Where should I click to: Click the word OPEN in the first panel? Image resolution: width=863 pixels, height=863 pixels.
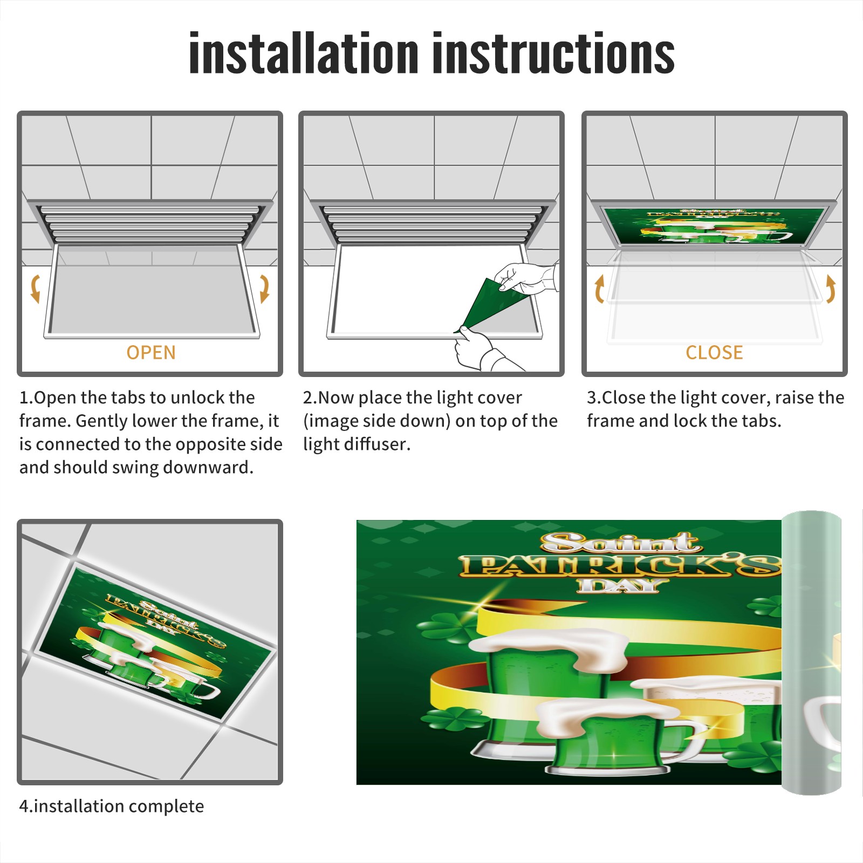pos(151,353)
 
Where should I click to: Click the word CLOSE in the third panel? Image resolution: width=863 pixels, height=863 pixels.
pos(714,353)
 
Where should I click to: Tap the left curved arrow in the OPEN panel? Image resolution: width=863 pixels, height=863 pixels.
pos(36,289)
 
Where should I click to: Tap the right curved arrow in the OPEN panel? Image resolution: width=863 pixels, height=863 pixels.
pos(264,289)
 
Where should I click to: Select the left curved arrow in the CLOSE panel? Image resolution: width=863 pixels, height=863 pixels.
pos(599,289)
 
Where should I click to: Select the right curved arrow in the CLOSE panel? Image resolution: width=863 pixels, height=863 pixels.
pos(831,289)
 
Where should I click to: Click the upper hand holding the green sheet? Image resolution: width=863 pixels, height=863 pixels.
pos(526,278)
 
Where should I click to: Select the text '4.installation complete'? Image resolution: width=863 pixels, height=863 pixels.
pos(112,806)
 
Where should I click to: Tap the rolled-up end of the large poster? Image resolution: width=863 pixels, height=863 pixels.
pos(811,653)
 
